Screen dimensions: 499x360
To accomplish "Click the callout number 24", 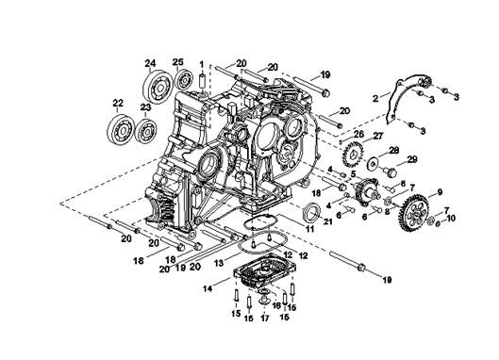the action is pos(151,63).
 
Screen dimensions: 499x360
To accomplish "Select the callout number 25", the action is pos(178,62).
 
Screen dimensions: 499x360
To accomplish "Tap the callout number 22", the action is pos(118,103).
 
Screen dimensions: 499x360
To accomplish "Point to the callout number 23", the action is pos(145,106).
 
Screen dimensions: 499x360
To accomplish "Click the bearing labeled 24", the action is pos(158,85).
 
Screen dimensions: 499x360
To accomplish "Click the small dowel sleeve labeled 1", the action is pos(202,82).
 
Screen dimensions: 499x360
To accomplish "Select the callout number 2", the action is pos(375,98).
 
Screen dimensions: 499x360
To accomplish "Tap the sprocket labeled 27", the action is pos(352,155).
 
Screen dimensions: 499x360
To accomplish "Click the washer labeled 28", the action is pos(372,163).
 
